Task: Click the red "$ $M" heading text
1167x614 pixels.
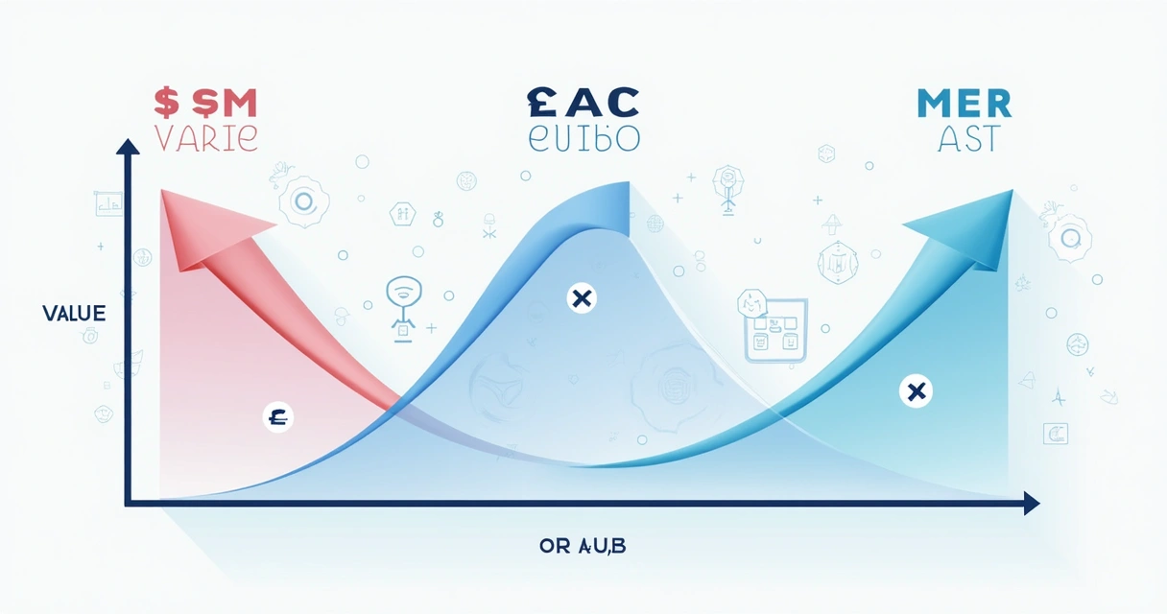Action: (x=205, y=102)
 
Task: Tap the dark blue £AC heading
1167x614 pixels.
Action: (x=582, y=101)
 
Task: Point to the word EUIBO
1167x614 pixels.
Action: (x=583, y=137)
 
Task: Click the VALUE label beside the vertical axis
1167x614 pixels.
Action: (x=74, y=314)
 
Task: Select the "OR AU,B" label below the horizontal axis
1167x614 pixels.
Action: (x=583, y=547)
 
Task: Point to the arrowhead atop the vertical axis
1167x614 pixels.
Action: (x=127, y=147)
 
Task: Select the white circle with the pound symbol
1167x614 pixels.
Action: (x=278, y=417)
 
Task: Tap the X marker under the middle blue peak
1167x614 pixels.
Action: (x=580, y=298)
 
